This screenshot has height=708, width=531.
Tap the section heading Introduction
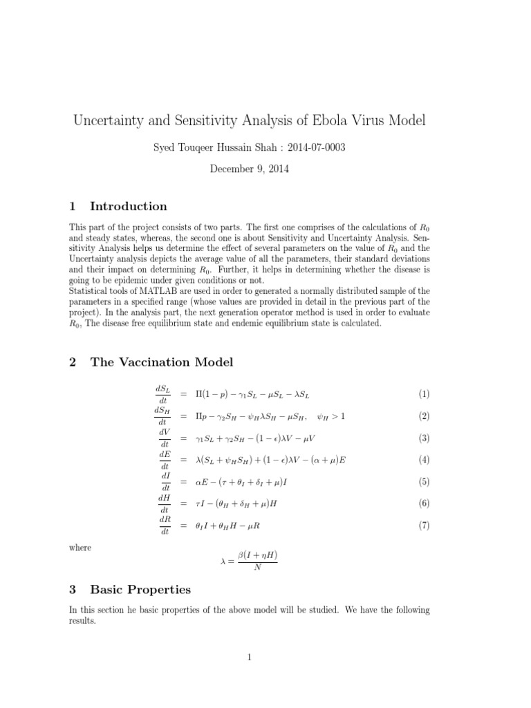129,206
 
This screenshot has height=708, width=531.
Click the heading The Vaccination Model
162,362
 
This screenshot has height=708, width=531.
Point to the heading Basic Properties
140,590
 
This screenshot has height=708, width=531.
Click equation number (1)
423,394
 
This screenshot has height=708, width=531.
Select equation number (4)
423,460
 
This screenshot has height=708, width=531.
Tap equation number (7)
423,525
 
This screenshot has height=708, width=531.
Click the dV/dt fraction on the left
164,438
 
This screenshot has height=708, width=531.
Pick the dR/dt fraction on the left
164,525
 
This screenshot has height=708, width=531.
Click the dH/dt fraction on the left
164,504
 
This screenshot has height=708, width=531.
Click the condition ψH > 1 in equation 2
330,416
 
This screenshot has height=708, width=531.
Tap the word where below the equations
80,548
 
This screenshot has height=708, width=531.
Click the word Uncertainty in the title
111,120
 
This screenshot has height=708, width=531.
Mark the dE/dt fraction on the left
164,460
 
